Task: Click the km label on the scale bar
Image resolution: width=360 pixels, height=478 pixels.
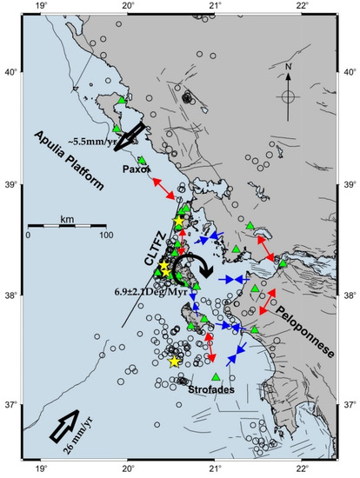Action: (x=67, y=219)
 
